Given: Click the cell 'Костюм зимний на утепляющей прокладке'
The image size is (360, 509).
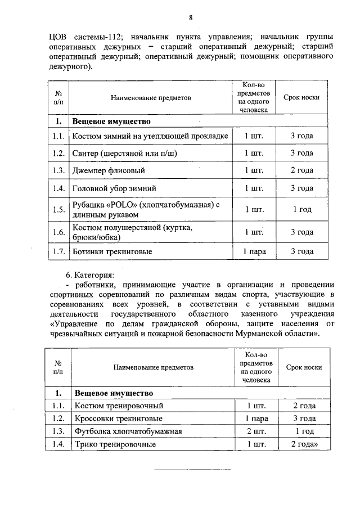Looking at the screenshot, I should (x=149, y=136).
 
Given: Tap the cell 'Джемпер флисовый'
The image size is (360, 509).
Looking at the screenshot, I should (x=109, y=170).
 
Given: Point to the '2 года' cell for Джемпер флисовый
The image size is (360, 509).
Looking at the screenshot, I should (x=301, y=170).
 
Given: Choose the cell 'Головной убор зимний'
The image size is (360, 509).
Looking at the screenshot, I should (x=114, y=188).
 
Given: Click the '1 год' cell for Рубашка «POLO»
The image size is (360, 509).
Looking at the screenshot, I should (x=301, y=209).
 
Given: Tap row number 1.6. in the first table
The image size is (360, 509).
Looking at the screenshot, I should (x=56, y=232).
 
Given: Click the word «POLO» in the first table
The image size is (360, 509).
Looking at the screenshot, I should (x=121, y=205).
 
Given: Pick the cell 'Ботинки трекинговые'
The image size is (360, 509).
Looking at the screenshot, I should (x=112, y=251).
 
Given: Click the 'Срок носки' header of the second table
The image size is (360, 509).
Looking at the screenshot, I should (x=304, y=367).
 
